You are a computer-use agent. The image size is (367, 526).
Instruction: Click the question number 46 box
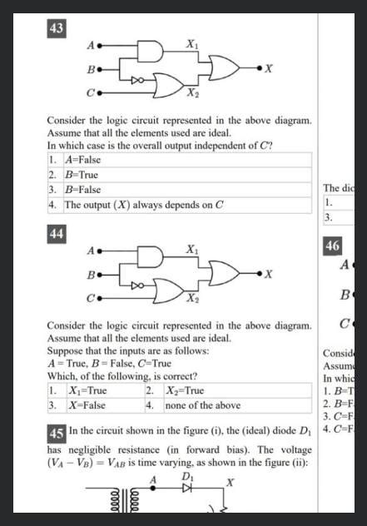[x=332, y=246]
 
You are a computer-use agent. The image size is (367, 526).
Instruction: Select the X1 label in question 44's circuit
[x=191, y=248]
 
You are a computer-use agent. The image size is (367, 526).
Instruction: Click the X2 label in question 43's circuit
[x=192, y=92]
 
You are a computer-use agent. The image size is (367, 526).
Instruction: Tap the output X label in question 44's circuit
[x=269, y=274]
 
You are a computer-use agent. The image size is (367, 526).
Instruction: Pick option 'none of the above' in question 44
[x=203, y=405]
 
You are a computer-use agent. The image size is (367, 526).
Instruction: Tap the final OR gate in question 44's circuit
[x=226, y=272]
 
